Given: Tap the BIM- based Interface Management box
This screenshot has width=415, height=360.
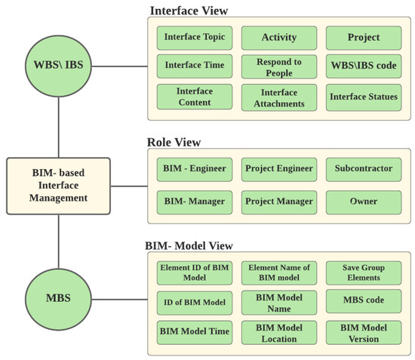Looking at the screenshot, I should click(58, 184).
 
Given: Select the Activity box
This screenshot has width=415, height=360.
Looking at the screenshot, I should click(278, 37).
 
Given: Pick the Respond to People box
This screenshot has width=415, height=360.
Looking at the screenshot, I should click(278, 66).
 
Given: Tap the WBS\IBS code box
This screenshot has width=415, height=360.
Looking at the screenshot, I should click(363, 66).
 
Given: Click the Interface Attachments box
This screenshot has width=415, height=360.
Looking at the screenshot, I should click(278, 97).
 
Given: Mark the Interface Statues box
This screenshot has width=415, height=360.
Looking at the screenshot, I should click(363, 97).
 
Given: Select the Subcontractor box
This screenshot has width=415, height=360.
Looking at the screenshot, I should click(363, 168).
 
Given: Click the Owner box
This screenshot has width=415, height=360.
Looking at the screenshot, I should click(363, 202).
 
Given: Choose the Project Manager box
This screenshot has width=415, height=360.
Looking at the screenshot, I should click(278, 202).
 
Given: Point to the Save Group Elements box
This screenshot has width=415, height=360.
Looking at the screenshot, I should click(363, 272).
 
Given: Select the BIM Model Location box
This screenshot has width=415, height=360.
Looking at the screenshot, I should click(278, 332).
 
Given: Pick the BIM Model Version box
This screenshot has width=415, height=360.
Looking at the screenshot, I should click(363, 332).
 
